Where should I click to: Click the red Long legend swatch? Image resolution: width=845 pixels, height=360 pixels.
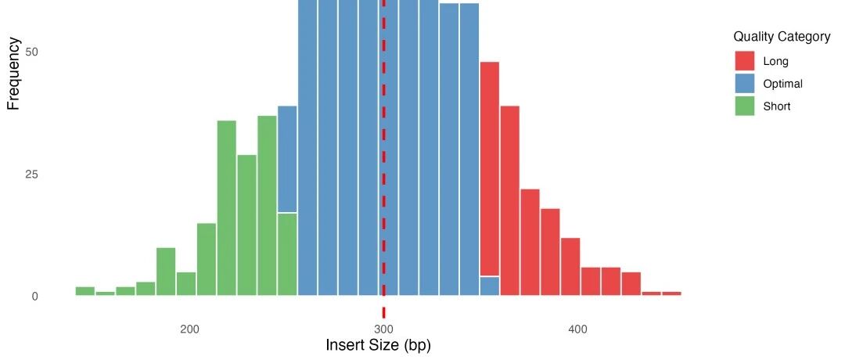tap(745, 61)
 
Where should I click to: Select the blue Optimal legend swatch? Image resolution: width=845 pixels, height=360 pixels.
tap(745, 84)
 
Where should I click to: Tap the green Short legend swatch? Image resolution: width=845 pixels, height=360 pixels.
tap(745, 106)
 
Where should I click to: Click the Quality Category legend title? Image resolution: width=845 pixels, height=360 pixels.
tap(782, 37)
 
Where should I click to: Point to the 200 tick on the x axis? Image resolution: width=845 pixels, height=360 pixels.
tap(189, 329)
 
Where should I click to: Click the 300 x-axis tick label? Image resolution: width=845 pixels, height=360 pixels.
tap(383, 329)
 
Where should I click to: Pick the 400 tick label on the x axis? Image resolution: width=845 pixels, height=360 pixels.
tap(577, 329)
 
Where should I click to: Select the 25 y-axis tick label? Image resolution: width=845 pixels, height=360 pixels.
tap(32, 174)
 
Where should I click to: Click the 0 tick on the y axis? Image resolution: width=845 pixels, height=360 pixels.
tap(35, 296)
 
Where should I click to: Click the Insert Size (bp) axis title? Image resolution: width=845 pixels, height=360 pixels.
tap(378, 345)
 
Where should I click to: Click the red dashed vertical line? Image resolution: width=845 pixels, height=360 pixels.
tap(383, 157)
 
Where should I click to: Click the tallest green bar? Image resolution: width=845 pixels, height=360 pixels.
tap(267, 206)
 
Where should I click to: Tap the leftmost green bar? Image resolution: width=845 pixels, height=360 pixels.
tap(84, 291)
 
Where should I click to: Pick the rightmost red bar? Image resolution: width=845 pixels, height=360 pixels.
tap(671, 293)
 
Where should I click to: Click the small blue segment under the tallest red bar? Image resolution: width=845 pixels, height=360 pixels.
tap(490, 286)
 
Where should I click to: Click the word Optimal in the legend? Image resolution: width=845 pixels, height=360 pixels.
tap(782, 84)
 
